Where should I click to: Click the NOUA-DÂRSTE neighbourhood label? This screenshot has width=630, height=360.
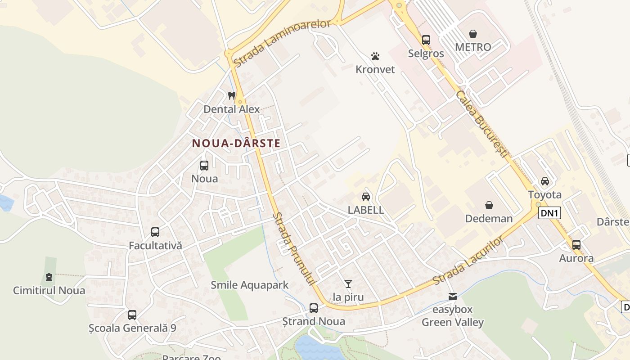tap(236, 144)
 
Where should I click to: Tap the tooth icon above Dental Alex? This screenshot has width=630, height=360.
tap(232, 95)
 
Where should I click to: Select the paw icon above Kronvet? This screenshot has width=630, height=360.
tap(375, 56)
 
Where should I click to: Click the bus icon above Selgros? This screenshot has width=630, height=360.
tap(426, 40)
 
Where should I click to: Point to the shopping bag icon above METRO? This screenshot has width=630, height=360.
tap(473, 34)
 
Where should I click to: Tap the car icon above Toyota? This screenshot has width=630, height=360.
tap(545, 181)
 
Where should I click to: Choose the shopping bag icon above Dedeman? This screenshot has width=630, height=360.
tap(489, 205)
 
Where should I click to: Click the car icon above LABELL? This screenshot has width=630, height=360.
tap(366, 197)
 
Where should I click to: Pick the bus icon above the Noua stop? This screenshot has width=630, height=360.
tap(204, 165)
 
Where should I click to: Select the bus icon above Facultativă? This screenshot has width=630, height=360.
tap(155, 232)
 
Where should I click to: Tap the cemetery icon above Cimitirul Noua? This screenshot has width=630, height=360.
tap(49, 277)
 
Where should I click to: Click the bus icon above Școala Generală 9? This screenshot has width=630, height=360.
tap(132, 315)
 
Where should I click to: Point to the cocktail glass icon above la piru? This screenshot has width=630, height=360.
tap(348, 283)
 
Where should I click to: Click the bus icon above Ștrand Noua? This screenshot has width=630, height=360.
tap(314, 308)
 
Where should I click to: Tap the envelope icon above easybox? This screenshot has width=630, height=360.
tap(453, 297)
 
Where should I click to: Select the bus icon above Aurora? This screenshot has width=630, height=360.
tap(576, 245)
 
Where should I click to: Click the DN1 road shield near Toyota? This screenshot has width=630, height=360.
tap(549, 213)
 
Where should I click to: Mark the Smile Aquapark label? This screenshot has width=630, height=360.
tap(250, 285)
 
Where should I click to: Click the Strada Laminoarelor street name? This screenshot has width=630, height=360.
tap(283, 44)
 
